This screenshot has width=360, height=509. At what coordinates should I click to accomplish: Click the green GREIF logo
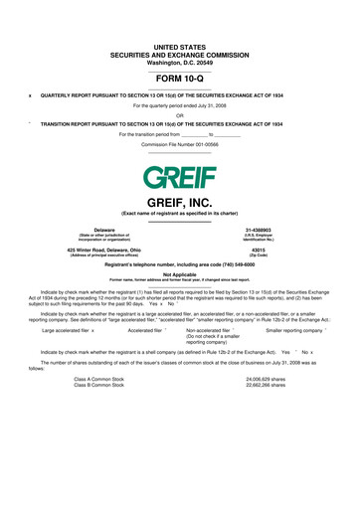179,179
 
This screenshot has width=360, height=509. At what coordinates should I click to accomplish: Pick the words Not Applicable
179,274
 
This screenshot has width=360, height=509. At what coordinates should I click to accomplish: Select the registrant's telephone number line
179,263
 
